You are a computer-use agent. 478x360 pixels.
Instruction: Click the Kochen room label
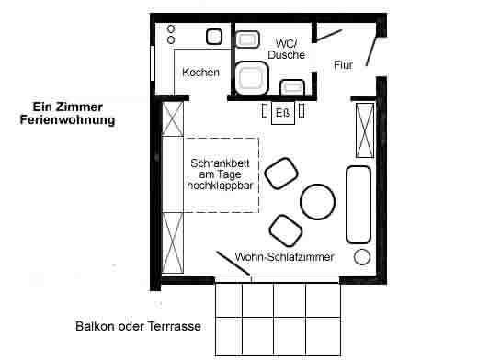click(200, 73)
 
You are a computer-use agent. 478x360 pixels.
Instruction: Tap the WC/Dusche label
click(286, 49)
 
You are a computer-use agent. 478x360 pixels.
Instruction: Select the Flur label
click(343, 65)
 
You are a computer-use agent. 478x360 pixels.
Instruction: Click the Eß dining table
click(283, 113)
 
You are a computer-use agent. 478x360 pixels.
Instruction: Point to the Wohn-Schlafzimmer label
click(284, 257)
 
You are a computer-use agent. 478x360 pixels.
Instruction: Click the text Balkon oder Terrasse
click(138, 326)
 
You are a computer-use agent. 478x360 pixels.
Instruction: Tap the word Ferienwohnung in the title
click(67, 119)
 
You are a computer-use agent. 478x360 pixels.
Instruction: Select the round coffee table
click(317, 202)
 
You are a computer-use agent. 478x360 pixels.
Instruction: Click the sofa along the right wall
click(358, 205)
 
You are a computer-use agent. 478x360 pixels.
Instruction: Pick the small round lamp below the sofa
click(362, 257)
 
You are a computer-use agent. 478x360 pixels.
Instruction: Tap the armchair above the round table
click(281, 174)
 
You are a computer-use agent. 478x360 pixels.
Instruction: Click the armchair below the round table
click(286, 231)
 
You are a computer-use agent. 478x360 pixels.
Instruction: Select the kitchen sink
click(214, 37)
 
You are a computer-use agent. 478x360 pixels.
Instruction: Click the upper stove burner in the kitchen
click(171, 29)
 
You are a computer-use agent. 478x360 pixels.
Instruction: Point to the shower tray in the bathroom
click(252, 78)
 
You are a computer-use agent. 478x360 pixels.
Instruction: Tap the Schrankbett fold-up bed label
click(221, 174)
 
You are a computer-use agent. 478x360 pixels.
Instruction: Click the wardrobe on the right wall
click(365, 130)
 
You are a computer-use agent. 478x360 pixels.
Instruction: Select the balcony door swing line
click(233, 264)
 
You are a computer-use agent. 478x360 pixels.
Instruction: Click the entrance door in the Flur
click(371, 51)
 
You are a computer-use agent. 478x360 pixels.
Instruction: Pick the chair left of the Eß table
click(265, 110)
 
